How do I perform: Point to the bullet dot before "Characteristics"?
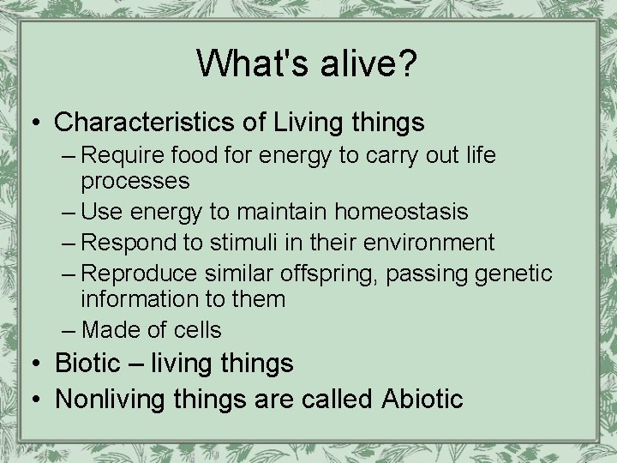coord(36,123)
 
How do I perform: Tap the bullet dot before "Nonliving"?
coord(36,398)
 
